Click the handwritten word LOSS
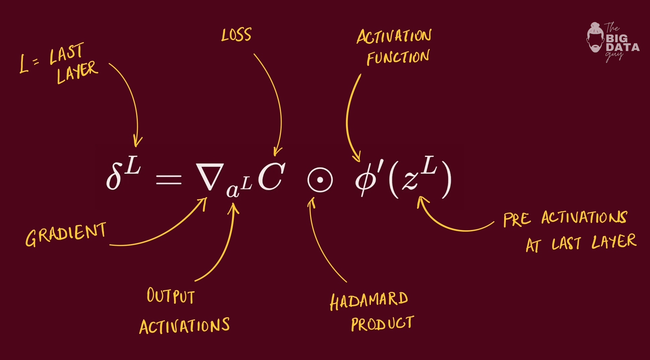point(236,35)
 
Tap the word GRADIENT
point(66,234)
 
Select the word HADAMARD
point(369,301)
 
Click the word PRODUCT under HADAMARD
point(382,323)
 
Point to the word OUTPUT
point(171,296)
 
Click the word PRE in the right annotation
point(517,220)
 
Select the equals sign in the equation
point(169,180)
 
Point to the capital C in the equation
point(271,177)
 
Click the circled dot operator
point(320,180)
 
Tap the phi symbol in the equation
point(364,181)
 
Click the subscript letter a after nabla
point(233,191)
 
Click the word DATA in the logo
point(623,47)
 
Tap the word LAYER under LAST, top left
point(77,72)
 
